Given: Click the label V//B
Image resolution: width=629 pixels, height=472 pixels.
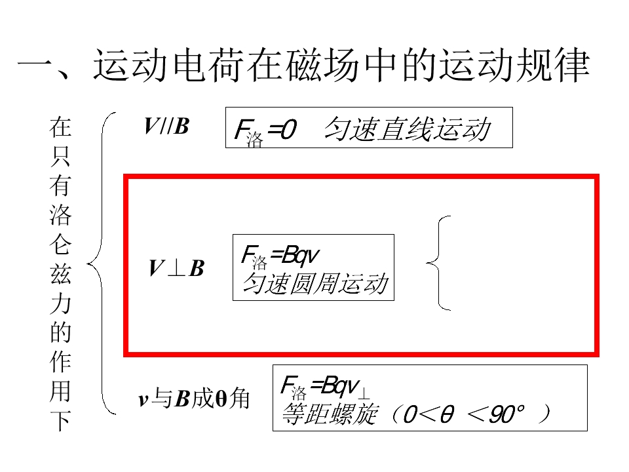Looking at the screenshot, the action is point(166,126).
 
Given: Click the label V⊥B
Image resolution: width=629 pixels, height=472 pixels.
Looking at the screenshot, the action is point(176,268).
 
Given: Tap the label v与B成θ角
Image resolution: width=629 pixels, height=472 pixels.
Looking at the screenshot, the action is point(194,399).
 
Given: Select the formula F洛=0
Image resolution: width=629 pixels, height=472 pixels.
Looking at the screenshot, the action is point(265,131).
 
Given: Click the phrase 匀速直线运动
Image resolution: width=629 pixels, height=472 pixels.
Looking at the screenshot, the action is point(408,129).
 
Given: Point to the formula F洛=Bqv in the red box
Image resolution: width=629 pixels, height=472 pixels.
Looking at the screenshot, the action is point(280,256).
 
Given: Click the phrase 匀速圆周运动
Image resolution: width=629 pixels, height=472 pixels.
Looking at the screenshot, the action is point(316,283).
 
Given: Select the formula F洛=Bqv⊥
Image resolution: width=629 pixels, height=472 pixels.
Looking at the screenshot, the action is point(325,387).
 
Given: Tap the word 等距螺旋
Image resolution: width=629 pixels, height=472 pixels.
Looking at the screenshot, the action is point(330,414).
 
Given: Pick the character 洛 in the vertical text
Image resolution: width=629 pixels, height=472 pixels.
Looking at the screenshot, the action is point(60,215).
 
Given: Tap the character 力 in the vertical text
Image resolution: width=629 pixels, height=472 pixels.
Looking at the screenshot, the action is point(60,304).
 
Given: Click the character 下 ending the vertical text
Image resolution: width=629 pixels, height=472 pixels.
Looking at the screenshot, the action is point(60,420).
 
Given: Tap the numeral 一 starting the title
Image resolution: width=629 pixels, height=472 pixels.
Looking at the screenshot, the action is point(35,64).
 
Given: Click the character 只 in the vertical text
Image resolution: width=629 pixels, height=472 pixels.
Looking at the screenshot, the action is point(60,156).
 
